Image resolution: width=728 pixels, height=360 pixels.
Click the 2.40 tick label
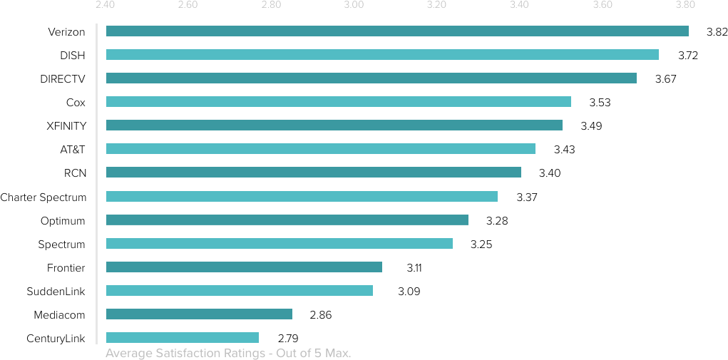[x=105, y=6]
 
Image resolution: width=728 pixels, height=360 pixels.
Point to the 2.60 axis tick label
[x=188, y=6]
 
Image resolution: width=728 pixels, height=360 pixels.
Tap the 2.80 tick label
[x=270, y=6]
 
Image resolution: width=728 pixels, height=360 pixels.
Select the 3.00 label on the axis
[x=354, y=6]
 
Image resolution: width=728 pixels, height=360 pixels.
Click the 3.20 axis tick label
[x=436, y=6]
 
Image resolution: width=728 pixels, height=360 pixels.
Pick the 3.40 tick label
[x=519, y=6]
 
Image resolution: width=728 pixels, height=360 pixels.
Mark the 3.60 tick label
[x=603, y=6]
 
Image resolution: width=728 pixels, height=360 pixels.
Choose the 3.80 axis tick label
[x=685, y=6]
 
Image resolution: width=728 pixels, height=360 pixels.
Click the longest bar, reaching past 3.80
[x=397, y=31]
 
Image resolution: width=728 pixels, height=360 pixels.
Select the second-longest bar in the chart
[x=382, y=54]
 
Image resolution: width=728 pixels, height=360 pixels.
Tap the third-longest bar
[x=371, y=78]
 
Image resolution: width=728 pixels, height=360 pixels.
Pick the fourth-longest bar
[x=338, y=101]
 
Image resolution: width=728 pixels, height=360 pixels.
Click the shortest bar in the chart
[x=182, y=337]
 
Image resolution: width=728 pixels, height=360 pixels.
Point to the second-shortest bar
[x=199, y=314]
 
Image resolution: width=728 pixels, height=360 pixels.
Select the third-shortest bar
[x=239, y=290]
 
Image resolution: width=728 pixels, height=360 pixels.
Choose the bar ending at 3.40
[x=313, y=172]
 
